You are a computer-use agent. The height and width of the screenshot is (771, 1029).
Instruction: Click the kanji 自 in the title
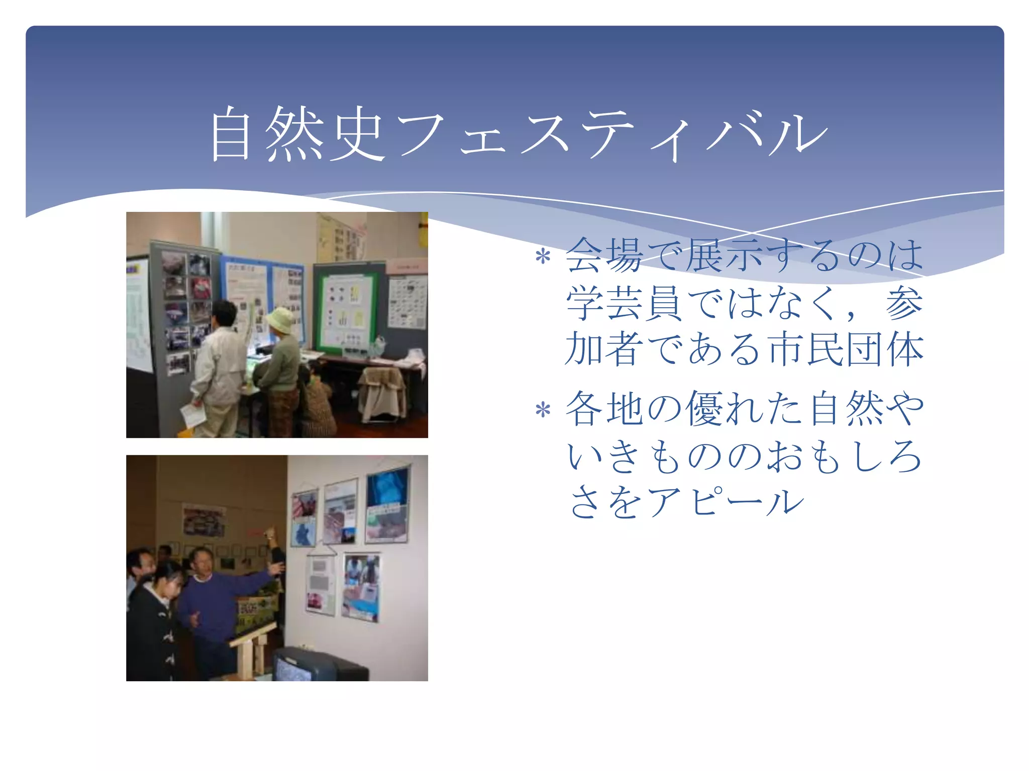coord(231,135)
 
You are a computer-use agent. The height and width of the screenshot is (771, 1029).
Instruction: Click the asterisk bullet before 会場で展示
coord(543,258)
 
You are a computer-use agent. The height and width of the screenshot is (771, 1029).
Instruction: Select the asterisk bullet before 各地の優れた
coord(543,411)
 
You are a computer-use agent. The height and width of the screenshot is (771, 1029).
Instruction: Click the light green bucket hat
coord(280,320)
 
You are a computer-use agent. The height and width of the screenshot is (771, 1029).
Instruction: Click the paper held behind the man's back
coord(192,415)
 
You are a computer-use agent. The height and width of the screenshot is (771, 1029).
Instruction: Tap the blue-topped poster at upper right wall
coord(387,504)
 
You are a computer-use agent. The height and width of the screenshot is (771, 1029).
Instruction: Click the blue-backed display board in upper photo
coord(264,296)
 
